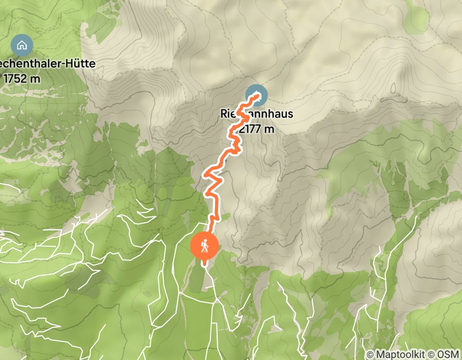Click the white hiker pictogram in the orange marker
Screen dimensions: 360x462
coord(205,247)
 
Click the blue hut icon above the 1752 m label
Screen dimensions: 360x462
coord(22,45)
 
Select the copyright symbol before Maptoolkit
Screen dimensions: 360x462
coord(370,354)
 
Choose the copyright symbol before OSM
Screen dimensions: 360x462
coord(431,354)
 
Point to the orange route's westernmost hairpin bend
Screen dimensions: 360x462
coord(205,174)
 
